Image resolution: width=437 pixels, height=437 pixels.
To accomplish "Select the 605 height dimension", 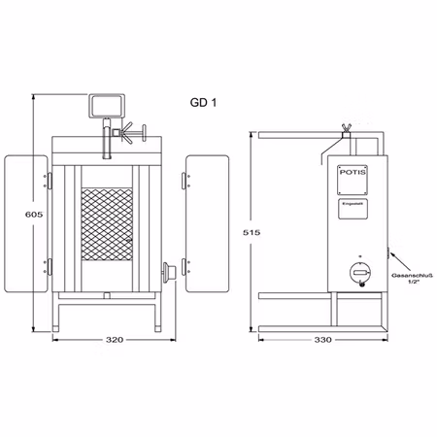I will click(32, 215).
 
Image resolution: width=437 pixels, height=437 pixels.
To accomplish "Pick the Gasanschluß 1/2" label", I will click(412, 280).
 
